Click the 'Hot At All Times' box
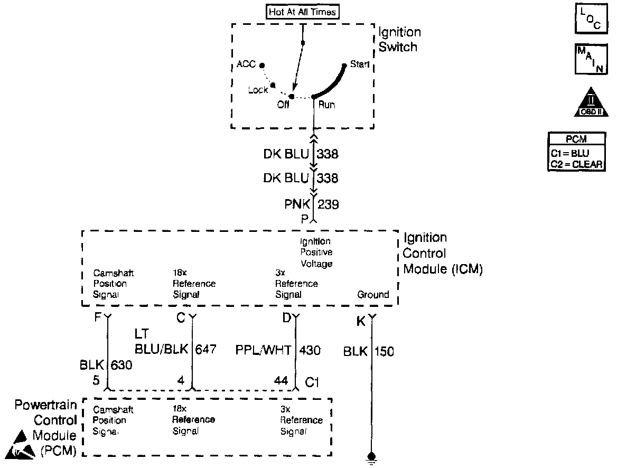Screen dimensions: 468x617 pyautogui.click(x=302, y=12)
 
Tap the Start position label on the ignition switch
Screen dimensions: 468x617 pyautogui.click(x=359, y=65)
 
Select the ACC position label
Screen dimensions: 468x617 pyautogui.click(x=246, y=64)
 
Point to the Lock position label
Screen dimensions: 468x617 pyautogui.click(x=258, y=90)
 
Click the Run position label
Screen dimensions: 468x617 pyautogui.click(x=326, y=105)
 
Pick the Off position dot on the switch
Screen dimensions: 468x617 pyautogui.click(x=291, y=97)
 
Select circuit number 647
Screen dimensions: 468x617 pyautogui.click(x=206, y=350)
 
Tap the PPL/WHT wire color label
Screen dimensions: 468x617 pyautogui.click(x=263, y=350)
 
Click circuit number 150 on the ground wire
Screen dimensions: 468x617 pyautogui.click(x=384, y=351)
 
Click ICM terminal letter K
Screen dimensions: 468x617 pyautogui.click(x=361, y=321)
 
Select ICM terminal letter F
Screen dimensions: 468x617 pyautogui.click(x=98, y=318)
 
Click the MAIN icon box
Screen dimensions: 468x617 pyautogui.click(x=588, y=60)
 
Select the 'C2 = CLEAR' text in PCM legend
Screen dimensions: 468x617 pyautogui.click(x=576, y=164)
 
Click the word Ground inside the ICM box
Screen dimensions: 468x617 pyautogui.click(x=373, y=295)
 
